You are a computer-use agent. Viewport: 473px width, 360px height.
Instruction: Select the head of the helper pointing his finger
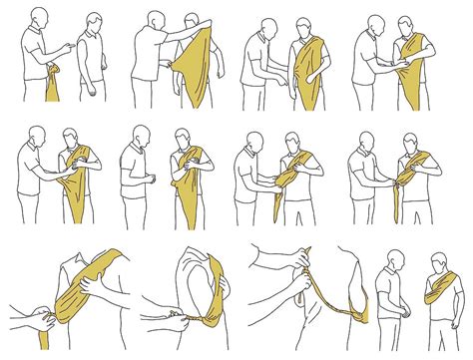tap(39, 17)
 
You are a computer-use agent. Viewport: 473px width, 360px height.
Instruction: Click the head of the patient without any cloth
tap(93, 22)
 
